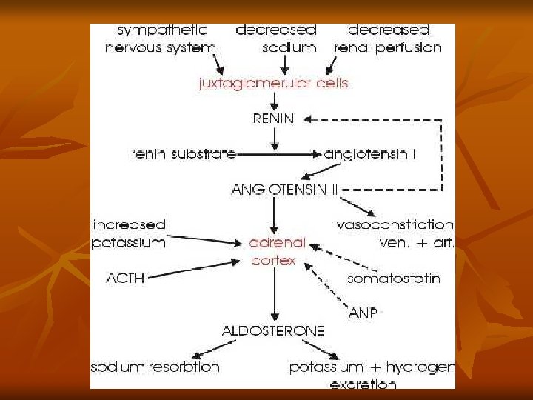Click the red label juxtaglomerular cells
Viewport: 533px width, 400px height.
(x=273, y=84)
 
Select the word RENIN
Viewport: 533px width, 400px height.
(x=273, y=118)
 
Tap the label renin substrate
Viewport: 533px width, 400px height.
(x=183, y=154)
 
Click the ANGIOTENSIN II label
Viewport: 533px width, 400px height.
(x=285, y=189)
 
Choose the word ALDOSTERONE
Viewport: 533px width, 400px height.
(x=273, y=331)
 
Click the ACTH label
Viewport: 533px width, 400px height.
(x=125, y=279)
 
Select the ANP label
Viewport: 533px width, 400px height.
(x=363, y=313)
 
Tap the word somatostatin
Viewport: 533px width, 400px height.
(x=393, y=279)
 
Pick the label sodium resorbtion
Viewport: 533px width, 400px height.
(x=155, y=367)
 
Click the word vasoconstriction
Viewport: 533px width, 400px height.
(x=395, y=224)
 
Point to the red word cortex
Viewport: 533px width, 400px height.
(x=273, y=260)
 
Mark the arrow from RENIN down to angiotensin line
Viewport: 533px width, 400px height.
(x=274, y=136)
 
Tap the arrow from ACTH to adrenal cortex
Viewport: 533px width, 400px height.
(x=192, y=269)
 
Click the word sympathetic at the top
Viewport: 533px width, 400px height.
(x=162, y=30)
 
